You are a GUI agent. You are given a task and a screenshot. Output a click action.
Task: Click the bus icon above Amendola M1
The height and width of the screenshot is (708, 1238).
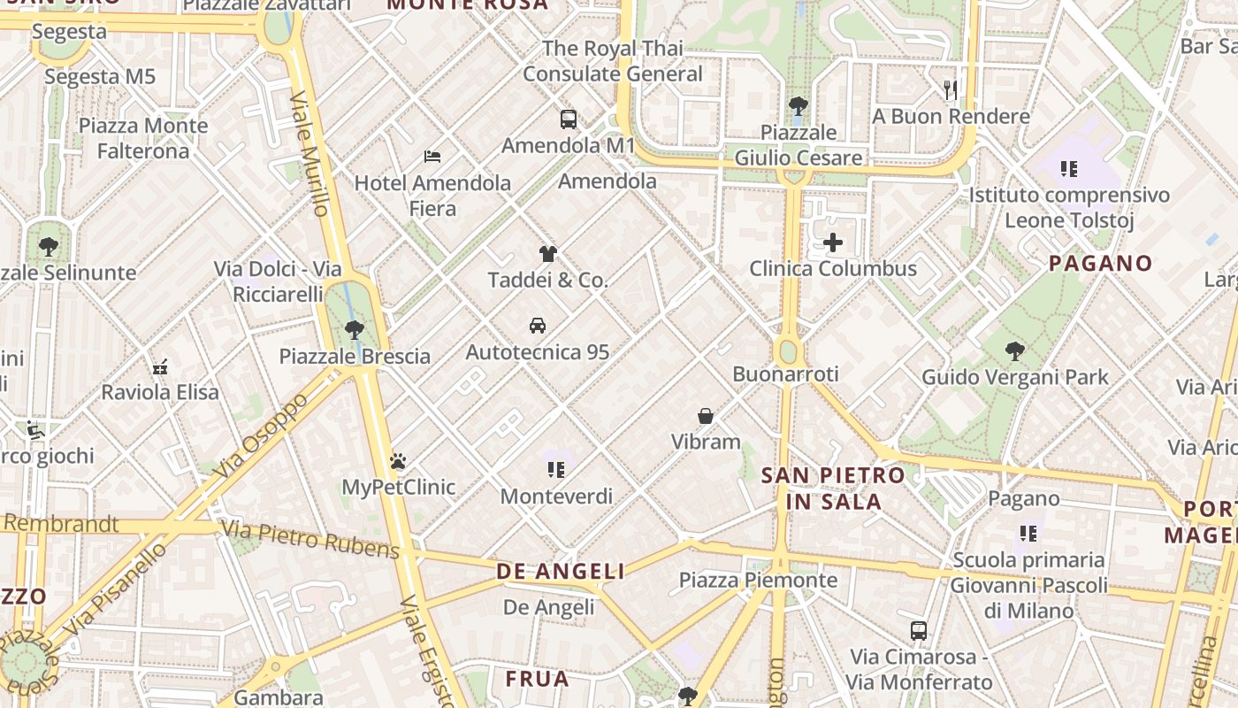pos(569,119)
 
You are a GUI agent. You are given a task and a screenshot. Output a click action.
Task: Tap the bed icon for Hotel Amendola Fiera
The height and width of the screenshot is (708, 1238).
pos(432,157)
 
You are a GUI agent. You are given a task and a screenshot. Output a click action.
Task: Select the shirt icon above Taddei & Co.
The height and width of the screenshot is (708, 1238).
pos(548,254)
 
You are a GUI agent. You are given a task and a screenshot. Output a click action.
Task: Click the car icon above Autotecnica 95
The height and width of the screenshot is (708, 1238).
pos(538,326)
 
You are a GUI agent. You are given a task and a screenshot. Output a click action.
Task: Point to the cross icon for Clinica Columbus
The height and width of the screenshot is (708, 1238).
pos(833,242)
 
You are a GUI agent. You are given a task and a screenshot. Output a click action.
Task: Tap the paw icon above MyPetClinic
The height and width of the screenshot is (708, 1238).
pos(398,461)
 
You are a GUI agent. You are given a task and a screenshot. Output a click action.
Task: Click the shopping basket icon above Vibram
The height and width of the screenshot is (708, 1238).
pos(706,415)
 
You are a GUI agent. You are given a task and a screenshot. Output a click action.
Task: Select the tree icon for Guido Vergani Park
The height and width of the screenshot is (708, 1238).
pos(1015,351)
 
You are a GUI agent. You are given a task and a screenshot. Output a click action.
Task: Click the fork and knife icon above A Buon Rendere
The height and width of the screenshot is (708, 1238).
pos(951,89)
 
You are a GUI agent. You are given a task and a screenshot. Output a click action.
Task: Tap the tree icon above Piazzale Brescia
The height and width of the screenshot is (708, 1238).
pos(355,330)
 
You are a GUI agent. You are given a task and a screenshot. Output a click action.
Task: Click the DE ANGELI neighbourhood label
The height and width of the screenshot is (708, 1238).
pos(561,572)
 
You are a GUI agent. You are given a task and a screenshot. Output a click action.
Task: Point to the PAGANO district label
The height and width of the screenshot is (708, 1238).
pos(1100,263)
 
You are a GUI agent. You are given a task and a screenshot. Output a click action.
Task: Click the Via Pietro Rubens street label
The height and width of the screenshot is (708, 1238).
pos(310,540)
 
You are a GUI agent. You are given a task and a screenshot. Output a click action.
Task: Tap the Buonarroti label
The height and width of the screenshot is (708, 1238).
pos(785,374)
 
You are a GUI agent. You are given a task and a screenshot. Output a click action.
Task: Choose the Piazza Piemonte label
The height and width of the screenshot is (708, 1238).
pos(758,581)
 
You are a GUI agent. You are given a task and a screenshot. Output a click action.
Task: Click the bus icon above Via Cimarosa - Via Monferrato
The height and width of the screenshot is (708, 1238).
pos(919,631)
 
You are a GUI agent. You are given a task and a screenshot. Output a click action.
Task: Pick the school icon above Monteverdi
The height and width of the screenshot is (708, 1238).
pos(556,469)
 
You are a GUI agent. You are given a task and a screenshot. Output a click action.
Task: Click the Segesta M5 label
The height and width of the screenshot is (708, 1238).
pos(100,77)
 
